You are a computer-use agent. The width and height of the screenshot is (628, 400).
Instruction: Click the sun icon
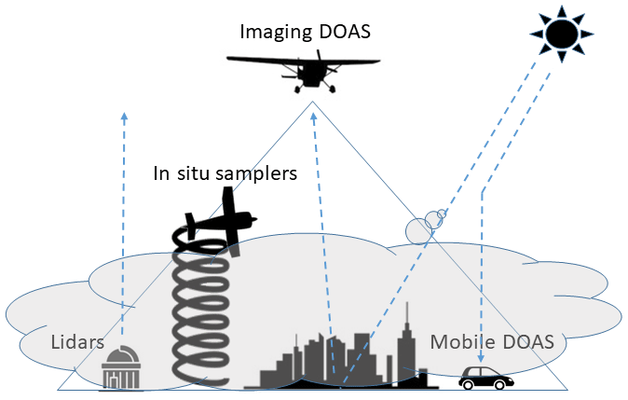(x=562, y=34)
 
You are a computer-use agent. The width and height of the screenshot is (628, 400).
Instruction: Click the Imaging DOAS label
(x=305, y=32)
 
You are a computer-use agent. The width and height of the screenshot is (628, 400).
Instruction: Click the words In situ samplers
(x=225, y=172)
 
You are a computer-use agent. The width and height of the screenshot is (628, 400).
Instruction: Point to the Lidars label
(x=77, y=341)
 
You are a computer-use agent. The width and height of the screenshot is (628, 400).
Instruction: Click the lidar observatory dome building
(x=121, y=368)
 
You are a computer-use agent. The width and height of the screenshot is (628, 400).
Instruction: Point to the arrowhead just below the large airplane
(x=314, y=117)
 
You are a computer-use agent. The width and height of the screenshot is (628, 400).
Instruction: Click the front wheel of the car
(x=500, y=384)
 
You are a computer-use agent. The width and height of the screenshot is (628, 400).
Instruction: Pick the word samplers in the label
(x=258, y=172)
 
